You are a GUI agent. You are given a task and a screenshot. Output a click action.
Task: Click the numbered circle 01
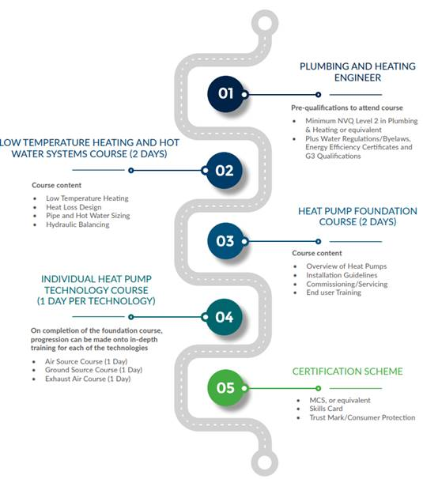tap(225, 93)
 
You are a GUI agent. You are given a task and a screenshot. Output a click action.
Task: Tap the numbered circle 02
tap(225, 170)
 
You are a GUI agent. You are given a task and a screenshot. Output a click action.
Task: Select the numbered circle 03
tap(225, 241)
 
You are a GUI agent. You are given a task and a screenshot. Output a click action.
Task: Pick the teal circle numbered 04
tap(225, 317)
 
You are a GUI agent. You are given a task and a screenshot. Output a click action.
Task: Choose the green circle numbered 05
tap(225, 387)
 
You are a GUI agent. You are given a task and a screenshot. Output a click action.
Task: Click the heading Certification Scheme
tap(348, 372)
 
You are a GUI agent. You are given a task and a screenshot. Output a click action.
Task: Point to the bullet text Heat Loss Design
tap(74, 207)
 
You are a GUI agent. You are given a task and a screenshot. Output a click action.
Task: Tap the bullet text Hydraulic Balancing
tap(77, 224)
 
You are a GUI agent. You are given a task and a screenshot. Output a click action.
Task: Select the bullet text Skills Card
tap(326, 409)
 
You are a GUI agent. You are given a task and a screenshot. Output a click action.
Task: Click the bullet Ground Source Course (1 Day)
tap(93, 370)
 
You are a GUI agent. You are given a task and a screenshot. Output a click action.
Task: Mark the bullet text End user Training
tap(334, 292)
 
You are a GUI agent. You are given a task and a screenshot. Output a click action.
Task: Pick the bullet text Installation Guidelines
tap(342, 275)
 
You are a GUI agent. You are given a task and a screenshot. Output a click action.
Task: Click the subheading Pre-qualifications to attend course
tap(347, 107)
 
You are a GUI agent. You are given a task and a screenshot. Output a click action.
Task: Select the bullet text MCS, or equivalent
tap(340, 400)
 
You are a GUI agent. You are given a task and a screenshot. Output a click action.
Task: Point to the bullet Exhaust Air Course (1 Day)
tap(88, 379)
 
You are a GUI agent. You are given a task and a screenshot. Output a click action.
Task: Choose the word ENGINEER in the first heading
tap(357, 77)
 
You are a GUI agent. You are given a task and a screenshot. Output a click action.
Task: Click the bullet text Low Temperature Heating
tap(87, 198)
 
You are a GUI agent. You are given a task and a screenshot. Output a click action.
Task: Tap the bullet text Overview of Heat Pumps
tap(346, 266)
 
